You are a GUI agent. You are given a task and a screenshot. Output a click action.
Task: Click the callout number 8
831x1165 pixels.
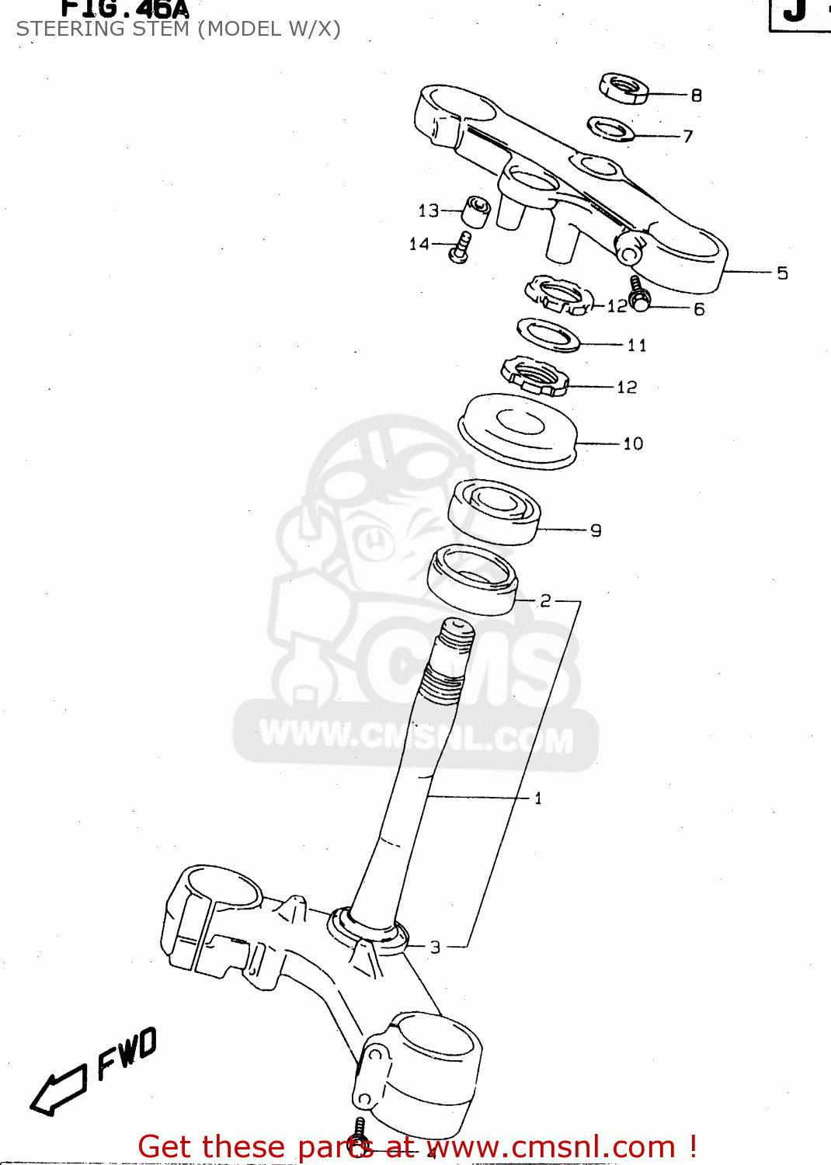pyautogui.click(x=696, y=95)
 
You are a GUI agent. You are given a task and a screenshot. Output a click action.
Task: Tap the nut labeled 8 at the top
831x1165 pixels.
pyautogui.click(x=624, y=88)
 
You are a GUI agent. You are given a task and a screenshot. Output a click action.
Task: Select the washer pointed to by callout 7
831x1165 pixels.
pyautogui.click(x=611, y=129)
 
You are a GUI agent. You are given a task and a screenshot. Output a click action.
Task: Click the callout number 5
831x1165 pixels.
pyautogui.click(x=782, y=273)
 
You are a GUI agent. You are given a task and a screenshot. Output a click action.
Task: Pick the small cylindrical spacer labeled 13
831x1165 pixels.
pyautogui.click(x=476, y=211)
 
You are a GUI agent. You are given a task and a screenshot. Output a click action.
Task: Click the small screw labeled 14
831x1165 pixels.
pyautogui.click(x=460, y=248)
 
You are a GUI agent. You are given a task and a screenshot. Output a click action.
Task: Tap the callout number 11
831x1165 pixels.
pyautogui.click(x=637, y=345)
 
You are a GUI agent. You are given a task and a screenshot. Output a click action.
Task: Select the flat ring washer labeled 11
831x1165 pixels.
pyautogui.click(x=548, y=335)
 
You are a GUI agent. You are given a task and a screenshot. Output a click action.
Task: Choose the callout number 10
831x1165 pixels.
pyautogui.click(x=633, y=443)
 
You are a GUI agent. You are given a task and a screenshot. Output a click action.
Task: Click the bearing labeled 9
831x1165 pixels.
pyautogui.click(x=495, y=510)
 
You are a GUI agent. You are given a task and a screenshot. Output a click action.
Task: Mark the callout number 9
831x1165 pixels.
pyautogui.click(x=596, y=530)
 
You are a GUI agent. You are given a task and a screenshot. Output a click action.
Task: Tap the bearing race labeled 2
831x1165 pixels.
pyautogui.click(x=472, y=579)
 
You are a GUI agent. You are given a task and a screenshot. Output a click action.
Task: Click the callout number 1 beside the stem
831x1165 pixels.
pyautogui.click(x=538, y=798)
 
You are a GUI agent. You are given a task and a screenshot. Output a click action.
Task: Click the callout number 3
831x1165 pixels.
pyautogui.click(x=435, y=947)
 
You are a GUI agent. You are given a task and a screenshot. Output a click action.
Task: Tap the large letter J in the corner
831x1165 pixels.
pyautogui.click(x=794, y=12)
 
